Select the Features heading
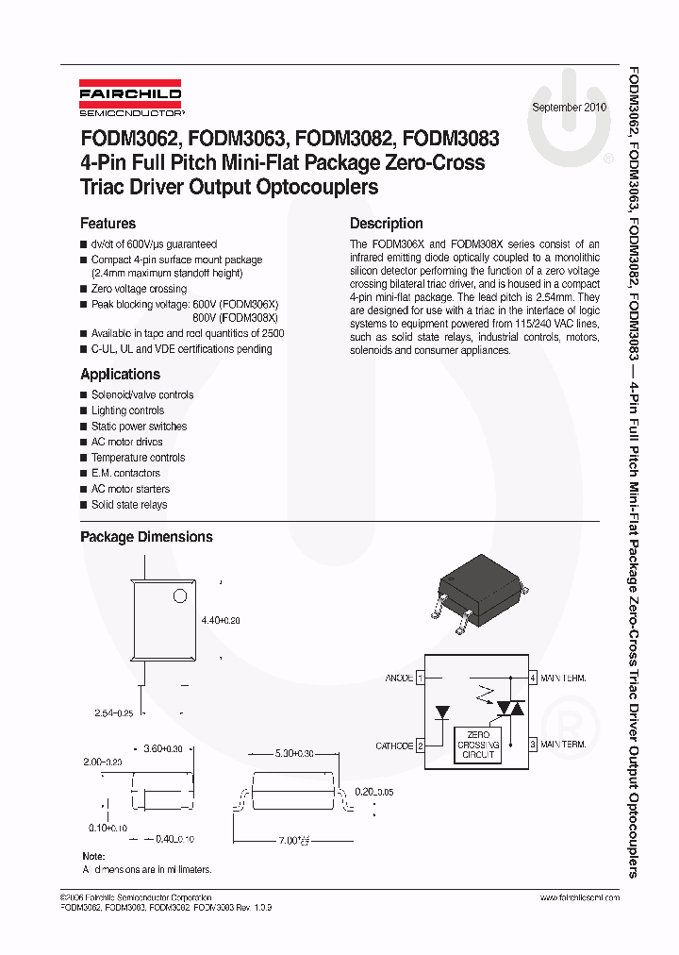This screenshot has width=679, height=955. click(108, 224)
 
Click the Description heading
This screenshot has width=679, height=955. click(386, 224)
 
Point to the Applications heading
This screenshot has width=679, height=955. click(120, 374)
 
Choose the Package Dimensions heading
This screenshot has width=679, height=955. click(146, 537)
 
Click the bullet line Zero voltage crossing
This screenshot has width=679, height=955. click(139, 289)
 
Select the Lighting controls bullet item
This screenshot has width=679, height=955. click(127, 410)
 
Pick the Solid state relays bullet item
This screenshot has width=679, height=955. click(129, 505)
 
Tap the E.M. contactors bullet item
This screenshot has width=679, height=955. click(125, 473)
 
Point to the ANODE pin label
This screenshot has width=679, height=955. click(399, 678)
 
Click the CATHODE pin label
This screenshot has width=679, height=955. click(394, 746)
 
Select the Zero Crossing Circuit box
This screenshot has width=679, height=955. click(479, 745)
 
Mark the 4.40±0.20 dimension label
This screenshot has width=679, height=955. click(222, 620)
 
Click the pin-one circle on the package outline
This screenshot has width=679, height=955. click(178, 596)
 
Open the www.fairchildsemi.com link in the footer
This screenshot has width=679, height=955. click(580, 897)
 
